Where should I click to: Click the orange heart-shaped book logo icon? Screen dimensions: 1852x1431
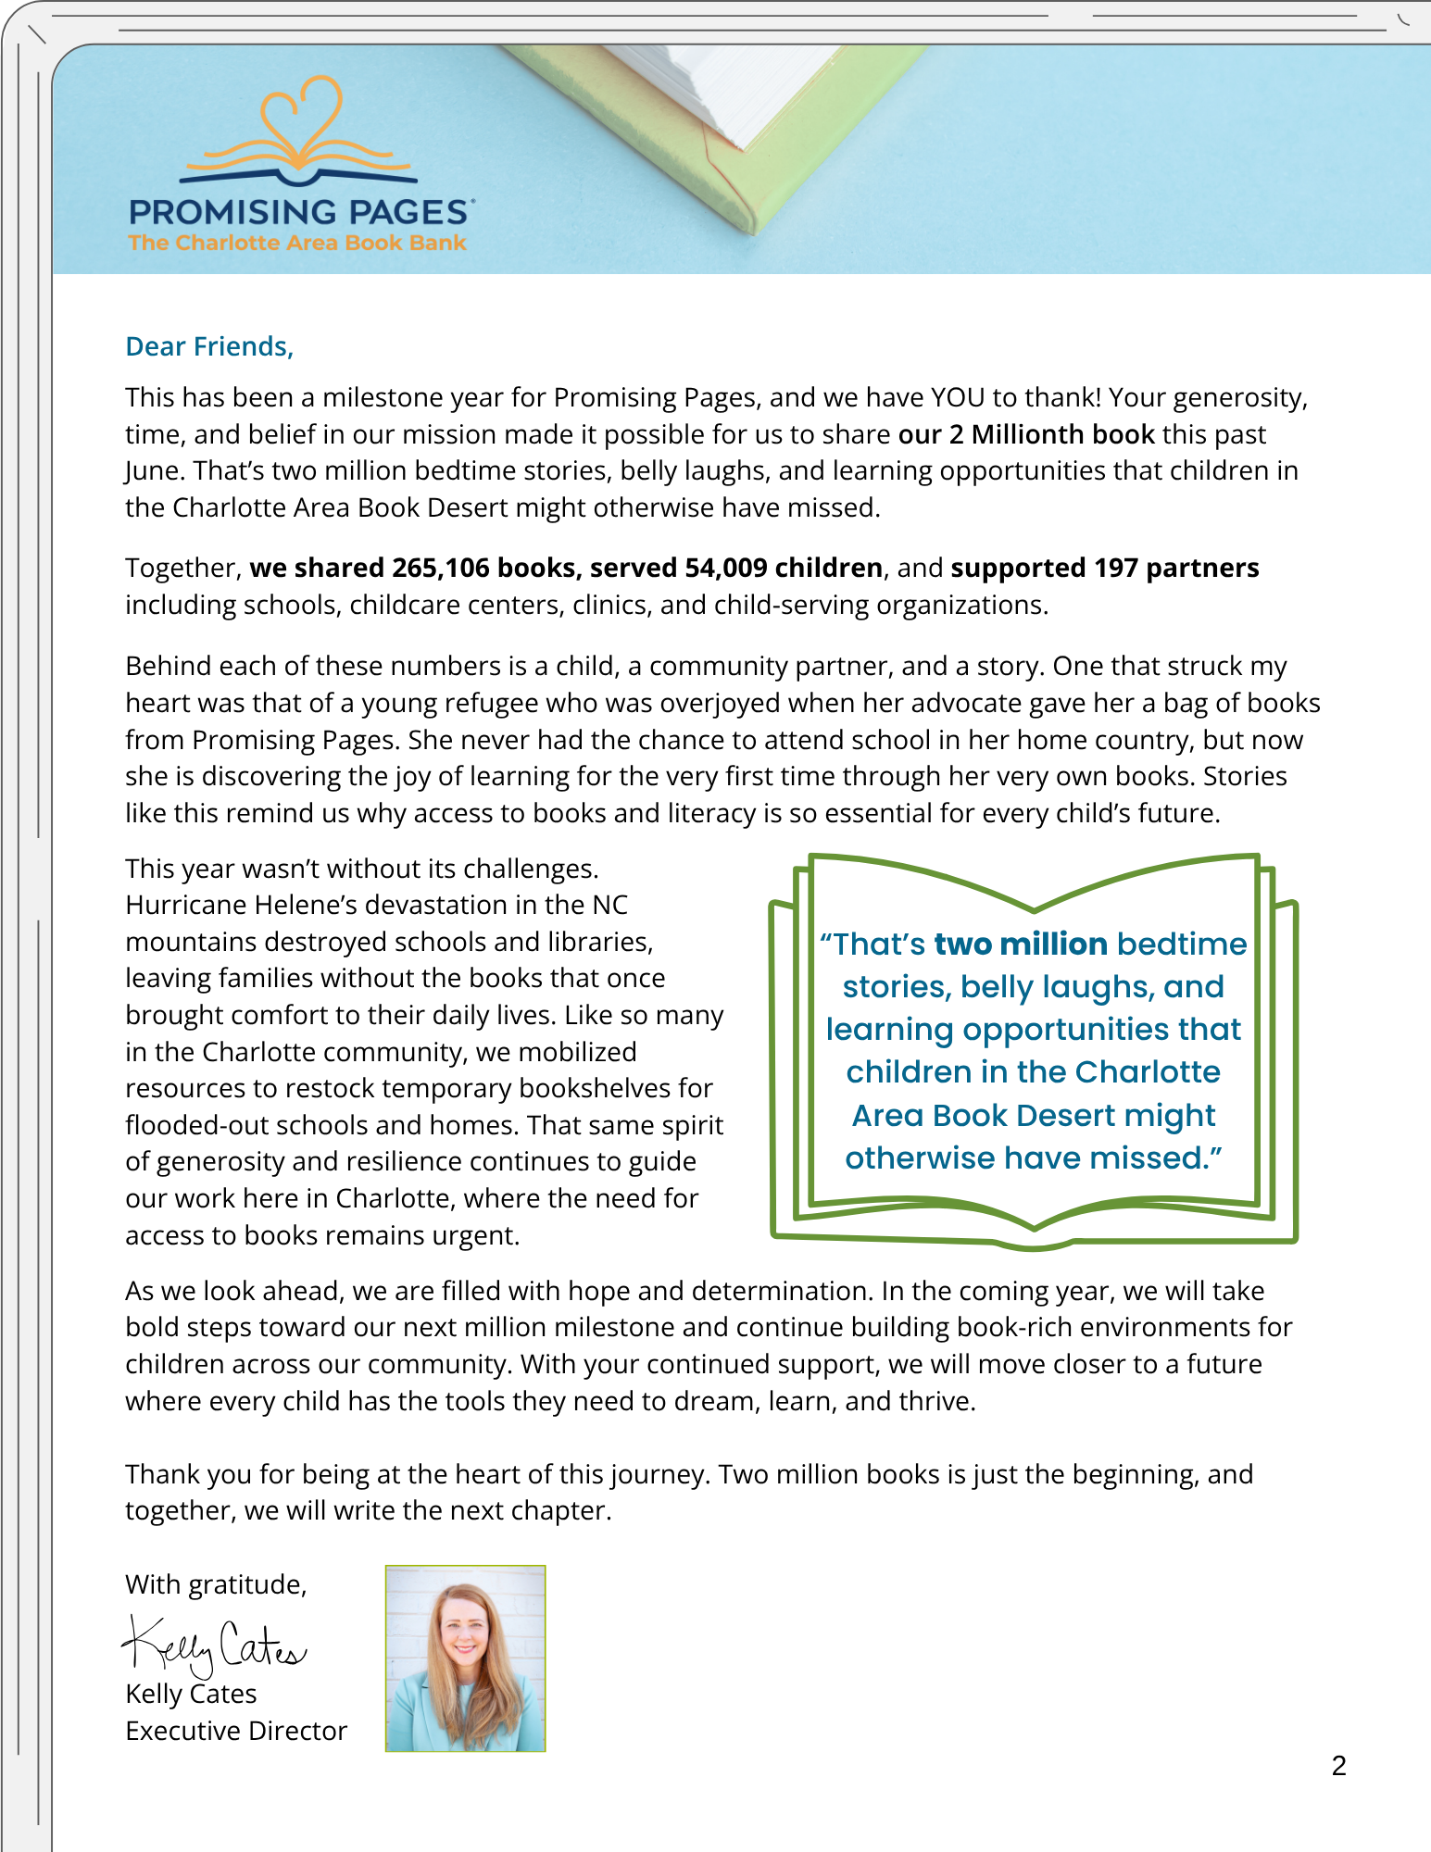pos(299,130)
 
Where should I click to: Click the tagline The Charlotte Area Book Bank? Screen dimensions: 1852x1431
pos(297,243)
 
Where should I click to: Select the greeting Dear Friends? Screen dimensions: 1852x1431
pos(209,346)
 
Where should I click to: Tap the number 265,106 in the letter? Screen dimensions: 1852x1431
pos(440,568)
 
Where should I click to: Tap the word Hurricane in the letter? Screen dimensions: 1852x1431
pos(183,905)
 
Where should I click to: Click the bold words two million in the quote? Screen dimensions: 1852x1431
pos(1021,944)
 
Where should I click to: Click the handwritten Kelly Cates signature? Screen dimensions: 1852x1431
pos(213,1646)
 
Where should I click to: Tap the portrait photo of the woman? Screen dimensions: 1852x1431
pos(465,1658)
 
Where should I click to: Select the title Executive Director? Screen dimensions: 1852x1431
pos(236,1731)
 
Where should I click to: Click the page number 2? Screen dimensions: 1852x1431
pos(1338,1766)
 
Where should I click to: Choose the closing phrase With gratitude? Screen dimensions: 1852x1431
pos(216,1584)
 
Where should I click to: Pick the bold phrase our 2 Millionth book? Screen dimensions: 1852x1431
pos(1026,434)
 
